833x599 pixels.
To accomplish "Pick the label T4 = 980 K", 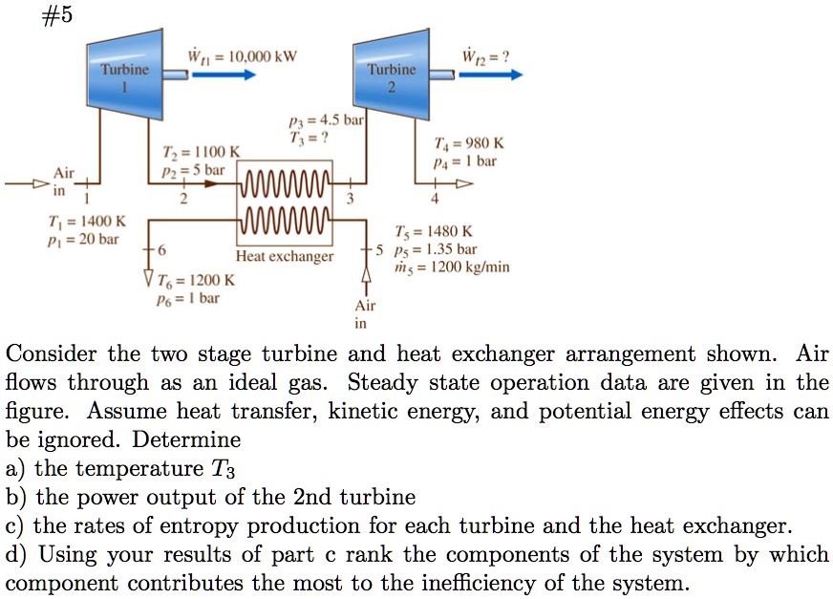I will click(x=469, y=144).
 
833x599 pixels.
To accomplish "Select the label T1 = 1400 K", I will click(x=66, y=222).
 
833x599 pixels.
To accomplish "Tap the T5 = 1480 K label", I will click(x=432, y=231).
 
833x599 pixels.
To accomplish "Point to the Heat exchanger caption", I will click(x=286, y=256).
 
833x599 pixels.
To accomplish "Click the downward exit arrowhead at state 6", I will click(x=146, y=280).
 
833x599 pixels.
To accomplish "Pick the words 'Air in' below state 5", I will click(x=365, y=314).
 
